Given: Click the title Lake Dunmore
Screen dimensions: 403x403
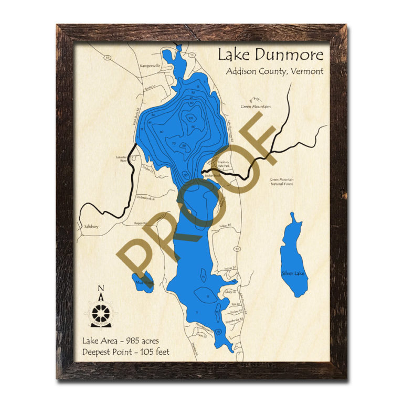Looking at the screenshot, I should [x=271, y=55].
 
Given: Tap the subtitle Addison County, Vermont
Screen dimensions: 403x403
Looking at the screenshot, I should [x=274, y=71].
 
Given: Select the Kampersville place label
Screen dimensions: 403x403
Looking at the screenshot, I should [x=150, y=66].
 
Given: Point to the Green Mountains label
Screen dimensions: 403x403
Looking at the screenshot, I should [x=256, y=107].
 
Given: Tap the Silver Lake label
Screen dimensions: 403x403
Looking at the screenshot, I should [x=293, y=273].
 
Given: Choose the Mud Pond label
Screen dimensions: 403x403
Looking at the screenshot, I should [x=144, y=282].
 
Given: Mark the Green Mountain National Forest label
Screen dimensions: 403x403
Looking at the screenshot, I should [x=282, y=182].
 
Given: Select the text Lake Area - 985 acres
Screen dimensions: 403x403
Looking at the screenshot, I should [x=123, y=341].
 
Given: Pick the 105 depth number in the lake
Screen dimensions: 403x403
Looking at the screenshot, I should [x=190, y=118].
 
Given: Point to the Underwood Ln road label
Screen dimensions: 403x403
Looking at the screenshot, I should [x=145, y=198].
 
